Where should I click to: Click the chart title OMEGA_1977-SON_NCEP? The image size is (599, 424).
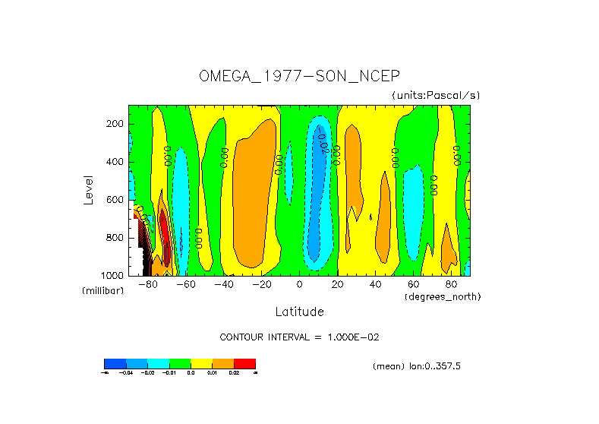[299, 76]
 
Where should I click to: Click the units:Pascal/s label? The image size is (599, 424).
[436, 95]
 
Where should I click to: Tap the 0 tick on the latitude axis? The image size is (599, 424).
[300, 285]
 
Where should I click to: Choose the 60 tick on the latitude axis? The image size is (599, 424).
[414, 285]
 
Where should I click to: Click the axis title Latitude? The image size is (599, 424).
[299, 312]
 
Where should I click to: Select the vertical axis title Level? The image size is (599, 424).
[88, 188]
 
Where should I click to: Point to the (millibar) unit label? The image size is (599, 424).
[102, 291]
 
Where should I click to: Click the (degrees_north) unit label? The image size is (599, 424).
[443, 296]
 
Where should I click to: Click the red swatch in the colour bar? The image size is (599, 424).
[244, 363]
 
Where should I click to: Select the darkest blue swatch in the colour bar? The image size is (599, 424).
[115, 363]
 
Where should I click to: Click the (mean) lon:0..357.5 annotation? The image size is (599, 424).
[417, 366]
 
